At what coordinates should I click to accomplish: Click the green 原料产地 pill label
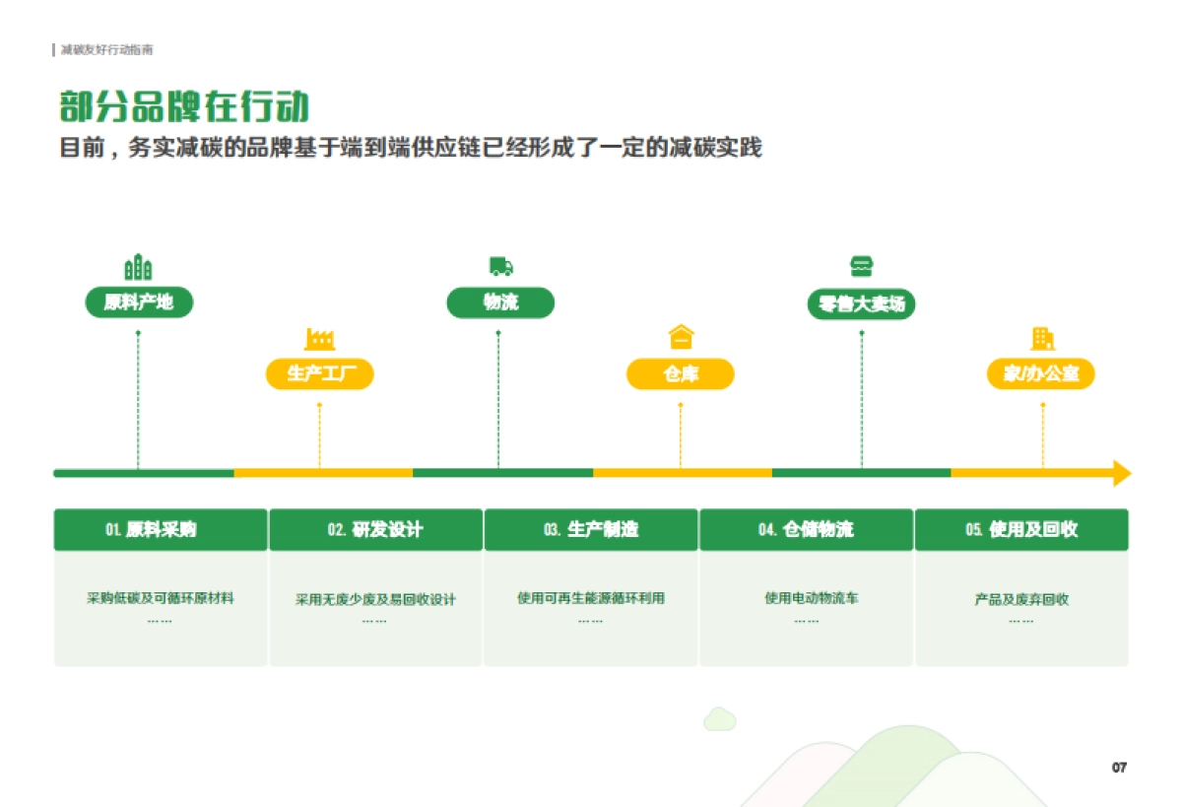point(139,302)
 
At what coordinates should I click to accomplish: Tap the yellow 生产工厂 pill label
point(320,373)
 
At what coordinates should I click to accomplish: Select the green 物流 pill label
point(500,302)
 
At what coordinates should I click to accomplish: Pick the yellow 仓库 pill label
point(681,373)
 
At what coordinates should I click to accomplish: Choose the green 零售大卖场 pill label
point(861,303)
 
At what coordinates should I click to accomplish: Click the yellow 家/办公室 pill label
point(1041,373)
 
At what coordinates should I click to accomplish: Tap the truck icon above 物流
point(500,266)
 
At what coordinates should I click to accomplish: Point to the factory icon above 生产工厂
point(319,339)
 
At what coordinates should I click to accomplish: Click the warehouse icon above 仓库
point(681,337)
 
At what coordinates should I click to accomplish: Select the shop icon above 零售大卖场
point(861,266)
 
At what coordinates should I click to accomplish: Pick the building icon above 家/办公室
point(1042,338)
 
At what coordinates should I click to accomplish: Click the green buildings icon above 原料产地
point(138,266)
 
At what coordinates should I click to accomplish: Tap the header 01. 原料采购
point(160,529)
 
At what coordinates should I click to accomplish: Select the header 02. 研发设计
point(375,529)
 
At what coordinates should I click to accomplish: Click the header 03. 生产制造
point(591,529)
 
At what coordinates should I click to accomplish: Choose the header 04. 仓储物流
point(806,529)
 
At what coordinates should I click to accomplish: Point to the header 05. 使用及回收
point(1021,529)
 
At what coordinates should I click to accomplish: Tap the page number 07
point(1119,768)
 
